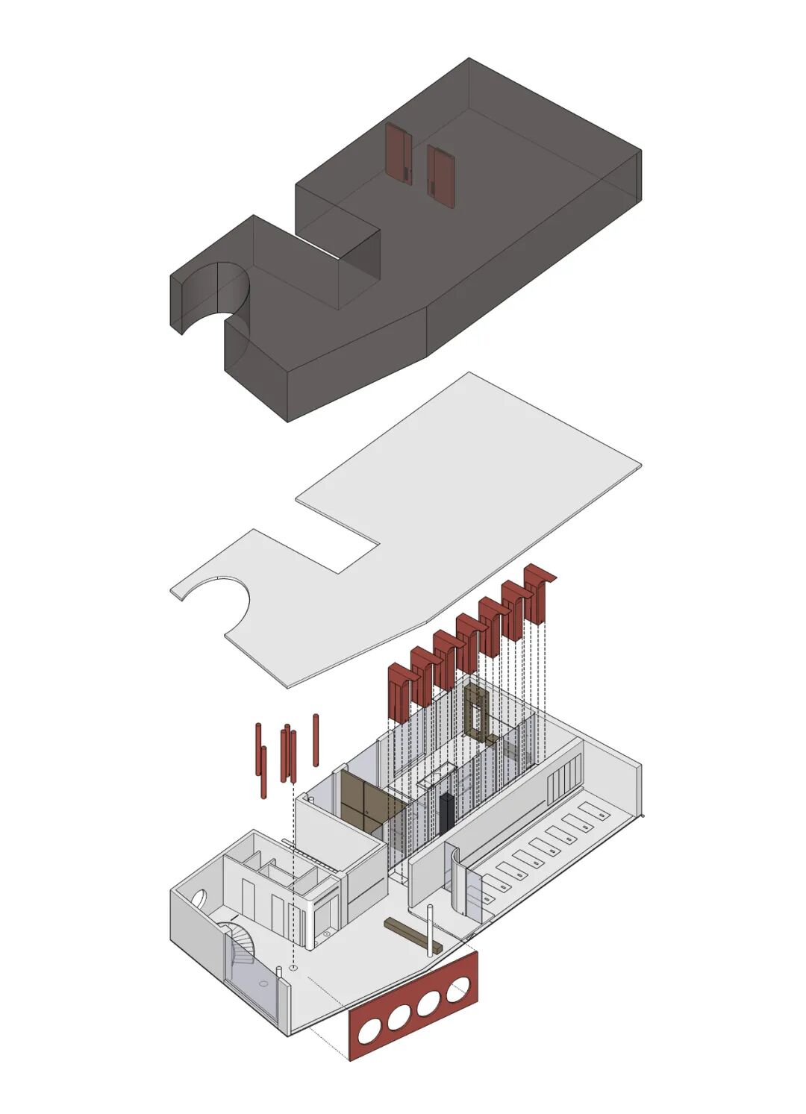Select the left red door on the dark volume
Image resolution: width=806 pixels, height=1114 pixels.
coord(399,152)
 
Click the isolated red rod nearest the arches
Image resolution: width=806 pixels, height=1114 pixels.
coord(316,740)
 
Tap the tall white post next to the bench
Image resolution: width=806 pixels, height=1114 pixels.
coord(430,929)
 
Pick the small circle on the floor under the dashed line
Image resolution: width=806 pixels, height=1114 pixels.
coord(294,968)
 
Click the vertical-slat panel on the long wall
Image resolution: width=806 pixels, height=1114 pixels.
coord(564,779)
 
